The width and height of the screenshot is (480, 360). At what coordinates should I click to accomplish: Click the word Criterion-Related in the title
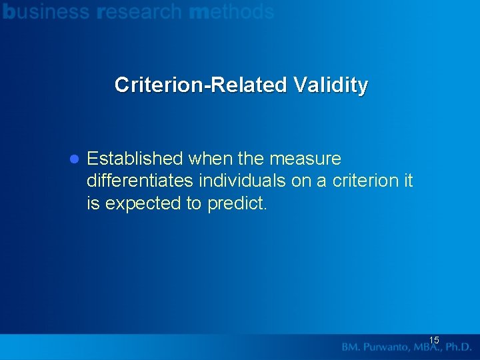tap(199, 85)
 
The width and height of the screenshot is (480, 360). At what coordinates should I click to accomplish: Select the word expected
tap(142, 203)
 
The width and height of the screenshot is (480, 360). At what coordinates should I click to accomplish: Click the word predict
tap(237, 203)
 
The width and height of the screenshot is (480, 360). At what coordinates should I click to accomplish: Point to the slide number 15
tap(434, 341)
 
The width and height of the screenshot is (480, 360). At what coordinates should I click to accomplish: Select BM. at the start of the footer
tap(351, 347)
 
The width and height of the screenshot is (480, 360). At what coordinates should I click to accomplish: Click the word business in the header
tap(46, 11)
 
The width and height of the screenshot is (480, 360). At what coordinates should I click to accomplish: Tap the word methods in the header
tap(231, 11)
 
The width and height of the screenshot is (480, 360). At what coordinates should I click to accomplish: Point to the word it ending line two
tap(408, 181)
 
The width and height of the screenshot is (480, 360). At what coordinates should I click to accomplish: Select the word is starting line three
tap(93, 203)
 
